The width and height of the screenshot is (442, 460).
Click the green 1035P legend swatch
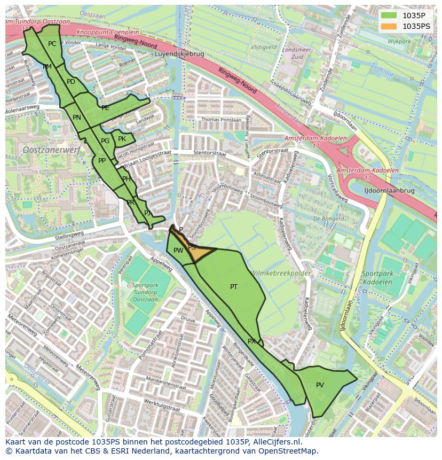pos(389,15)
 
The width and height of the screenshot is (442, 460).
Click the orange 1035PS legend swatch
pos(389,26)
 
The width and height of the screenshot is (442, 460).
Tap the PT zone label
pos(234,287)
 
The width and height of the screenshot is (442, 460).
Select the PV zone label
pos(320,385)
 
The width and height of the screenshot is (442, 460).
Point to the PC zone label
pos(52,44)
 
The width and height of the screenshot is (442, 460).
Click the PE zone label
pos(105,108)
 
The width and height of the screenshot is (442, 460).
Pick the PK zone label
pos(122,139)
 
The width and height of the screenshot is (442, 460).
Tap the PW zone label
pos(178,250)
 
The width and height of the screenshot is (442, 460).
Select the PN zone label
pos(77,118)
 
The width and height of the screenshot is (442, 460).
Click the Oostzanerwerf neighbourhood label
pos(51,150)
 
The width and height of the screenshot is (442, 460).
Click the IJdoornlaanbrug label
pos(389,190)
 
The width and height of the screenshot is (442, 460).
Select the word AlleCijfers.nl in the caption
pos(275,442)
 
